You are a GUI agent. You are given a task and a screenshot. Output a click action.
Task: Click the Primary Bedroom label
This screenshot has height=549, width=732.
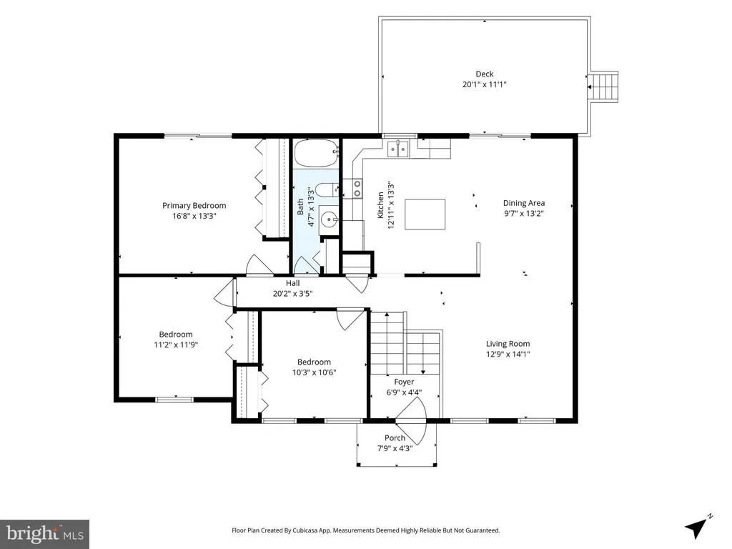pos(194,205)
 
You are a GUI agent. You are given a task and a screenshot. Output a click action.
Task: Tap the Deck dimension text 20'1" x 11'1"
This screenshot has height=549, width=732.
pos(485,84)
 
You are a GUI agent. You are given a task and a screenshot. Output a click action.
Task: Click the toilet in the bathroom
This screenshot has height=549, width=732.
pos(327,190)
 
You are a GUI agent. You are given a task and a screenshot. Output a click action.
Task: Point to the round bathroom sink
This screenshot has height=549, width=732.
pos(330,218)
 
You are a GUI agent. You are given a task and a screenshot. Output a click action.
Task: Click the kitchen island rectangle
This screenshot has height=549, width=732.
pos(425,214)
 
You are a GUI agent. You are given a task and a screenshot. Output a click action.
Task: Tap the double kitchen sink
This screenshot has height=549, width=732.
pos(397,149)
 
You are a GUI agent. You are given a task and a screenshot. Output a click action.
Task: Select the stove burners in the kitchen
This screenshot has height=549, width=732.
pos(357,188)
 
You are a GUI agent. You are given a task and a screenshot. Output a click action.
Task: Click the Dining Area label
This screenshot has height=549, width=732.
pos(524,203)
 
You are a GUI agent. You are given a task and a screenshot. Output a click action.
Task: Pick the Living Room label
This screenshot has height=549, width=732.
pos(508,344)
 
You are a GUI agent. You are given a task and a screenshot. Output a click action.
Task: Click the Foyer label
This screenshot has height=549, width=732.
pos(404,382)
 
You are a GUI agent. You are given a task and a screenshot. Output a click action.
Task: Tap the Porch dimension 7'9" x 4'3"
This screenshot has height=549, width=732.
pos(395,448)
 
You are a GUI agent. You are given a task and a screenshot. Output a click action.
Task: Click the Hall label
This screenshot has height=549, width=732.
pos(292,283)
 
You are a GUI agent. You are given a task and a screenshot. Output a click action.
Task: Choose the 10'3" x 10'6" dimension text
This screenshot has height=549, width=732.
pos(315,372)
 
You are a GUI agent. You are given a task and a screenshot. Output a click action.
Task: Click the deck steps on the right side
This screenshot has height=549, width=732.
pos(604,86)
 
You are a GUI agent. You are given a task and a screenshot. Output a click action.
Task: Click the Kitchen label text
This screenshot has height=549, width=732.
pos(380,205)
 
